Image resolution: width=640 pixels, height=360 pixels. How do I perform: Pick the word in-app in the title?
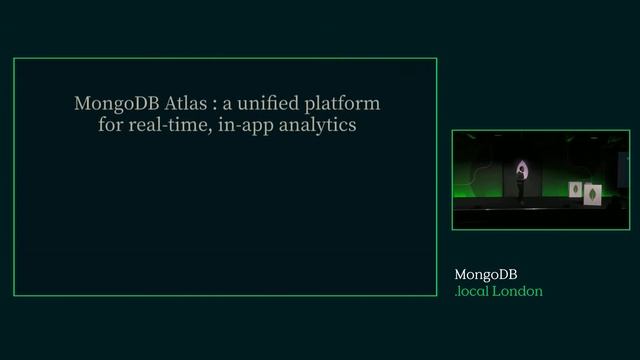click(243, 128)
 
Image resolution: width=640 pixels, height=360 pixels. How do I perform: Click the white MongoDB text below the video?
click(486, 274)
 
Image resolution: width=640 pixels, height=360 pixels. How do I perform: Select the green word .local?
click(473, 291)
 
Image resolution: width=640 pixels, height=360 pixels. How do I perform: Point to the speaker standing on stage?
click(520, 183)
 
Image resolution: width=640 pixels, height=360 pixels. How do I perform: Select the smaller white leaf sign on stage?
click(576, 190)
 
